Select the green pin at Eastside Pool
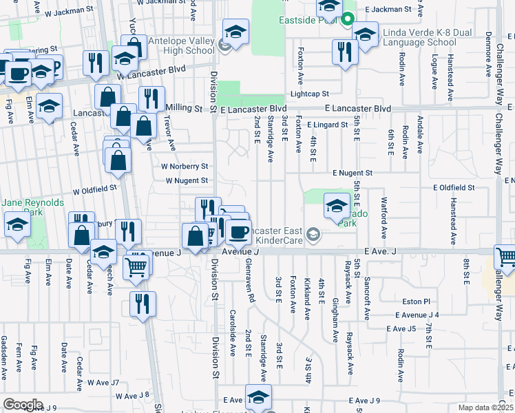pos(348,19)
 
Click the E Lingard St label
pos(328,125)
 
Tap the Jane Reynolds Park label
pos(32,207)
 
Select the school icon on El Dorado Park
pos(337,206)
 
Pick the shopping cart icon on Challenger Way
pos(506,258)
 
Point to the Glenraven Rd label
pos(252,282)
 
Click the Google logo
pos(23,405)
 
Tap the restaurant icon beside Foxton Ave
pos(344,52)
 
